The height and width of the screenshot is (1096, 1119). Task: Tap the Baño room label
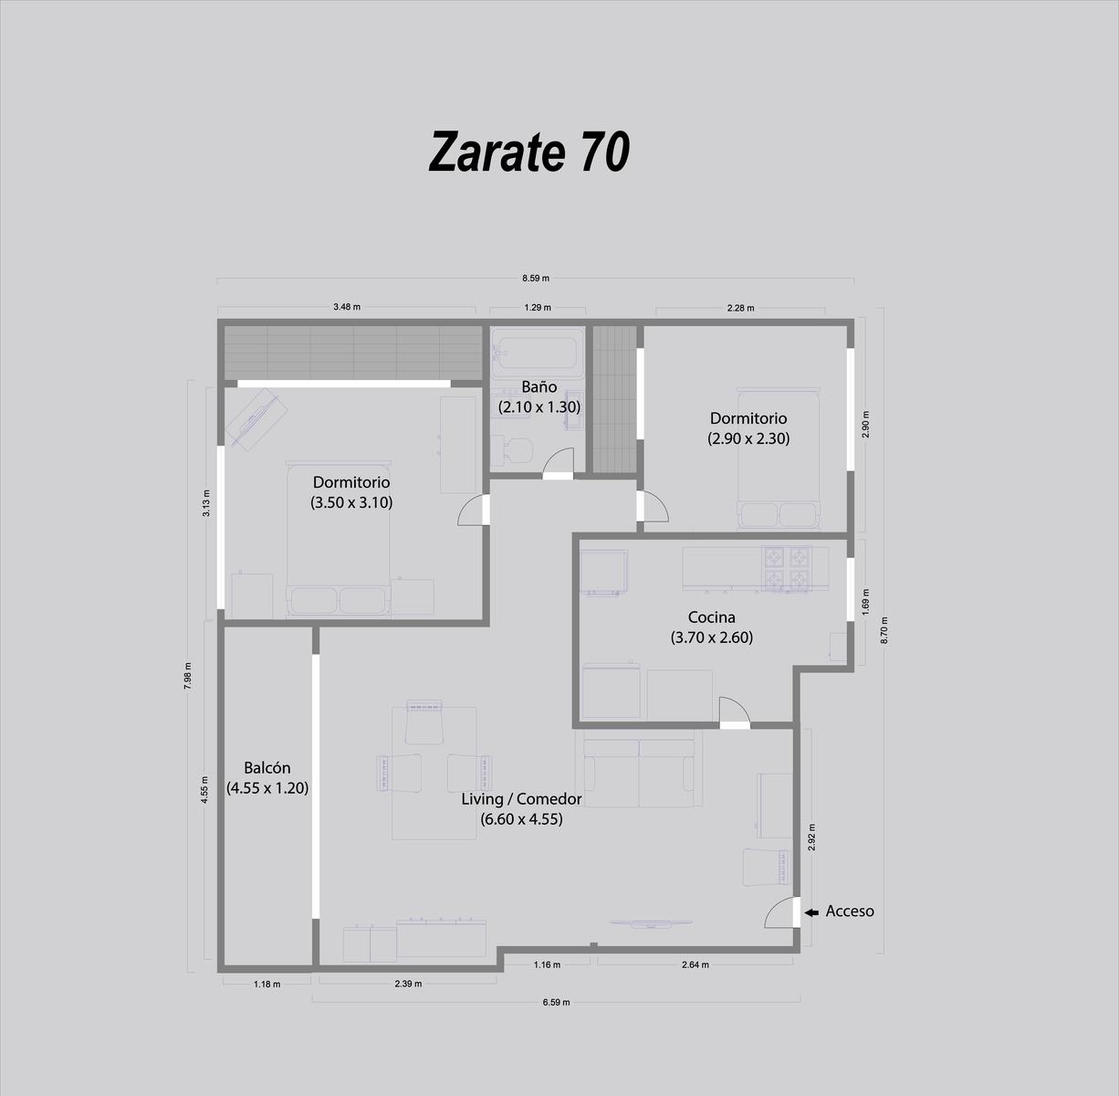click(539, 386)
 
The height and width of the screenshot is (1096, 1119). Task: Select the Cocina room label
click(711, 616)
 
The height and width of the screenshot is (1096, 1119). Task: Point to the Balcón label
click(267, 768)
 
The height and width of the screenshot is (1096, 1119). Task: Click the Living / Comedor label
click(521, 798)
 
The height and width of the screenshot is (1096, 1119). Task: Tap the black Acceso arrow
click(811, 912)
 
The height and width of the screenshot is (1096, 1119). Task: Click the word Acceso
click(850, 912)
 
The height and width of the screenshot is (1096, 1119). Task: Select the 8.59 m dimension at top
click(536, 279)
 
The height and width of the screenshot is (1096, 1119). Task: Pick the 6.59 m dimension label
click(556, 1002)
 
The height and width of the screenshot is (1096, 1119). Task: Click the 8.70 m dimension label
click(884, 630)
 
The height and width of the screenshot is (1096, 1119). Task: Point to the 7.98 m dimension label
click(187, 676)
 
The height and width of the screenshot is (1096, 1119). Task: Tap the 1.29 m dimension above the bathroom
click(538, 308)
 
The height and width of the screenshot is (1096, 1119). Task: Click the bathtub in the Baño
click(538, 353)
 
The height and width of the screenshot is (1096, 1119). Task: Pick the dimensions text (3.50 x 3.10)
click(351, 502)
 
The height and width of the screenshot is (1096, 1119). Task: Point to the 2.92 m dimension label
click(811, 837)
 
